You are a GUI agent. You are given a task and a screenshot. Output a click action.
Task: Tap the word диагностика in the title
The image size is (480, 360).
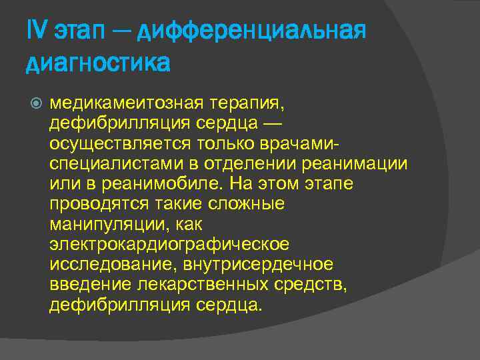[98, 64]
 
